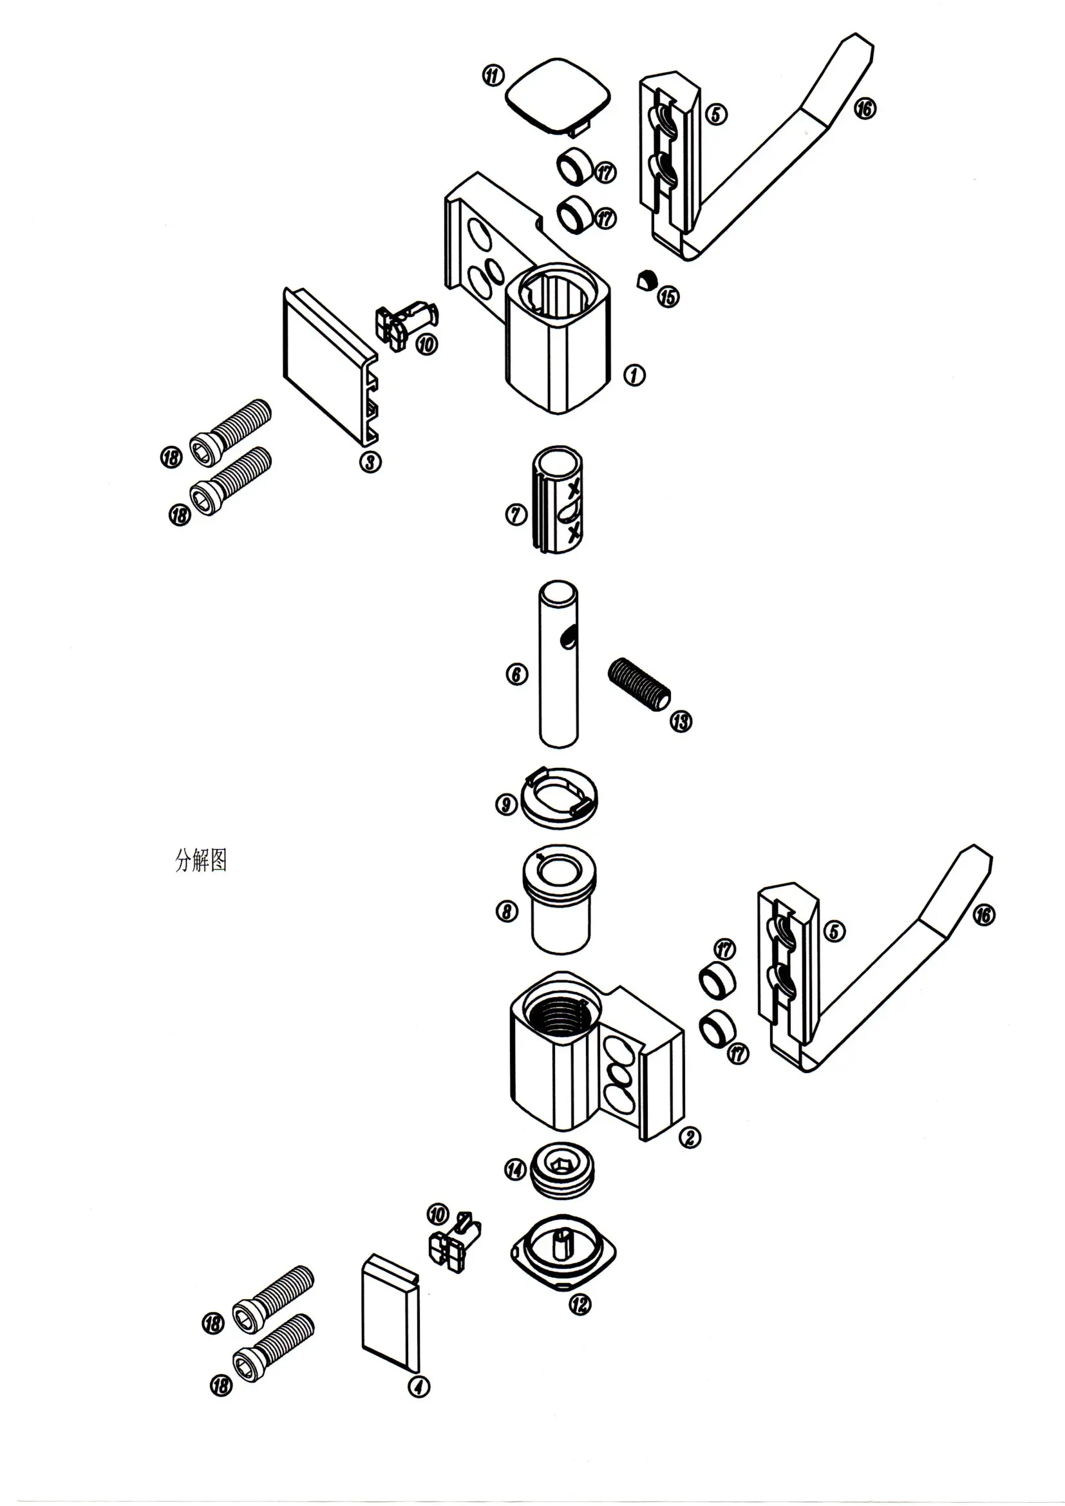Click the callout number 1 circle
634,375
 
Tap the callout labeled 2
690,1137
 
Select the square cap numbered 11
558,97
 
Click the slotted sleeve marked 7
557,500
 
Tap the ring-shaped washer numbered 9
559,797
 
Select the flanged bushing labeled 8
559,899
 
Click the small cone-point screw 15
646,280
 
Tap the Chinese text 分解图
201,860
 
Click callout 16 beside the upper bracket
864,108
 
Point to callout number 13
681,721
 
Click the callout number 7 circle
516,514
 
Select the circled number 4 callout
419,1386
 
